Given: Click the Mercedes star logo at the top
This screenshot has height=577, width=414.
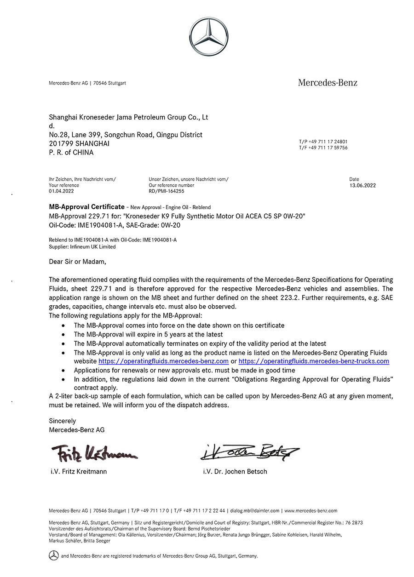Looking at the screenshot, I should pos(208,37).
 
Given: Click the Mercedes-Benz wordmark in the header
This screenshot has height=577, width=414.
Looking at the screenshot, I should pos(328,83).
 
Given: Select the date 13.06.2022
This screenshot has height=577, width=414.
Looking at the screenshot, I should pos(362,185).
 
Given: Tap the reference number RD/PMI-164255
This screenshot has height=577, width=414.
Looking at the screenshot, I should pos(166,191).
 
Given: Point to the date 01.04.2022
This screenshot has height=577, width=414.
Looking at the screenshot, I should pos(61,191).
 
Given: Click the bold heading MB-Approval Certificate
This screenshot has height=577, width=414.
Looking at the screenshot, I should pos(86,207).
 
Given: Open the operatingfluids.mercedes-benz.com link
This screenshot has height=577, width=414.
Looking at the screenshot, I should pos(163,361).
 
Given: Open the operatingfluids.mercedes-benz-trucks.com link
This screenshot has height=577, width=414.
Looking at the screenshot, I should pos(314,361).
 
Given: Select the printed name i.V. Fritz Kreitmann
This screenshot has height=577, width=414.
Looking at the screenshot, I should pos(79,471).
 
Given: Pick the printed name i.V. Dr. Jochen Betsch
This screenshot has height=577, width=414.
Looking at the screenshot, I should pos(235,471).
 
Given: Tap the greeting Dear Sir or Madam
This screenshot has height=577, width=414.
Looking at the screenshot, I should pos(77,262).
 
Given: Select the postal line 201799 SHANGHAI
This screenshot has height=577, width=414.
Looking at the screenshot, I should pos(79,143).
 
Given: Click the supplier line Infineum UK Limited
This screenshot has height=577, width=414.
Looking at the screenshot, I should pos(82,247).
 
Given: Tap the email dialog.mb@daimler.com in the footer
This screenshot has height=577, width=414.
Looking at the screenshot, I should pos(254,510).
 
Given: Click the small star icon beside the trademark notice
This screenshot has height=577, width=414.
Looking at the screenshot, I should pos(54,555).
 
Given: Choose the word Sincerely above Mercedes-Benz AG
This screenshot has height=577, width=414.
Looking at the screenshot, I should pos(63,421).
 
